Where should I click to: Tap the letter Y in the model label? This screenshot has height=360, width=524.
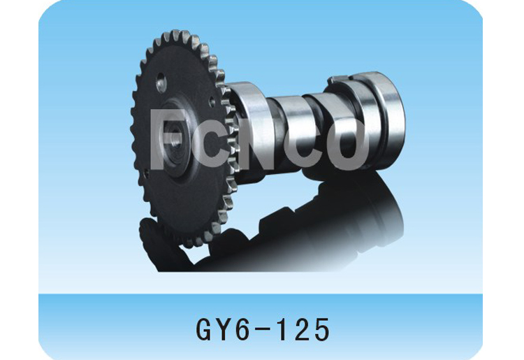point(221,327)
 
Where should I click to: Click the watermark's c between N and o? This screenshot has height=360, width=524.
point(308,147)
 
